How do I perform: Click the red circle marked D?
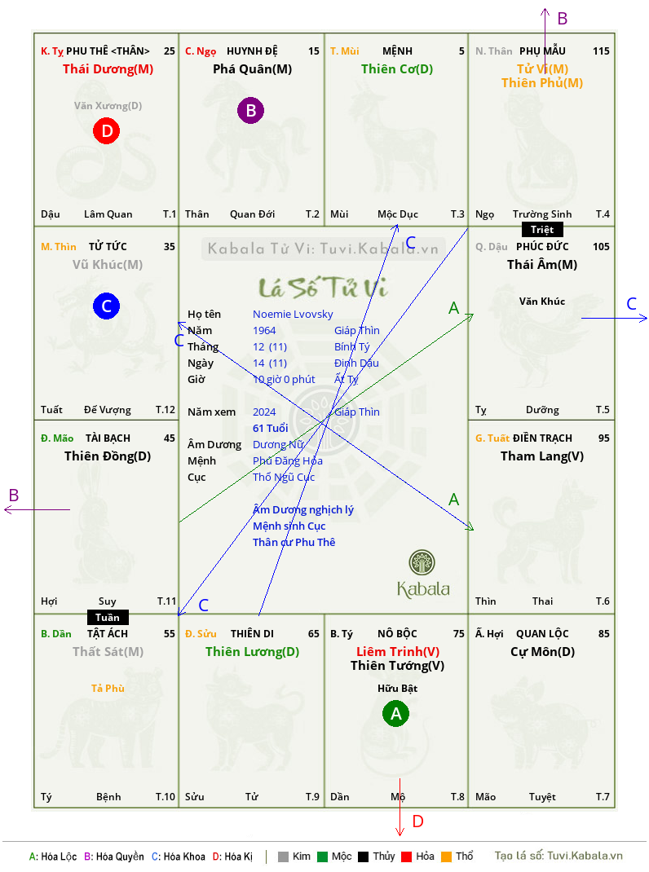coord(106,130)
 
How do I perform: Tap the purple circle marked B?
coord(250,110)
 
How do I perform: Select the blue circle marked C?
coord(106,306)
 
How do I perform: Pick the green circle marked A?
coord(395,714)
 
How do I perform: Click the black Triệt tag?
coord(542,230)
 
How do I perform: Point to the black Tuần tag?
coord(108,617)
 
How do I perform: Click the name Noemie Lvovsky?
coord(293,315)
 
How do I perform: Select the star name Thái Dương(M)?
coord(108,69)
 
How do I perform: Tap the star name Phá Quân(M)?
coord(252,69)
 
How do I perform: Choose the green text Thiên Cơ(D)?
coord(397,69)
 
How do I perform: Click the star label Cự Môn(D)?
coord(543,652)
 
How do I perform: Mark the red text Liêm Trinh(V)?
coord(398,652)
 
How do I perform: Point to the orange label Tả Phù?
coord(108,689)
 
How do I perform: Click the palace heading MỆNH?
coord(397,51)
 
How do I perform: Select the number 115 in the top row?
coord(601,51)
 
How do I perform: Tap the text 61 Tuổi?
coord(271,428)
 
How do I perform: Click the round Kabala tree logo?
coord(422,563)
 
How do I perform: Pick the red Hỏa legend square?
coord(406,857)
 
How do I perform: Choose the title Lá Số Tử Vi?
coord(323,288)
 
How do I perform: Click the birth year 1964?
coord(264,330)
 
